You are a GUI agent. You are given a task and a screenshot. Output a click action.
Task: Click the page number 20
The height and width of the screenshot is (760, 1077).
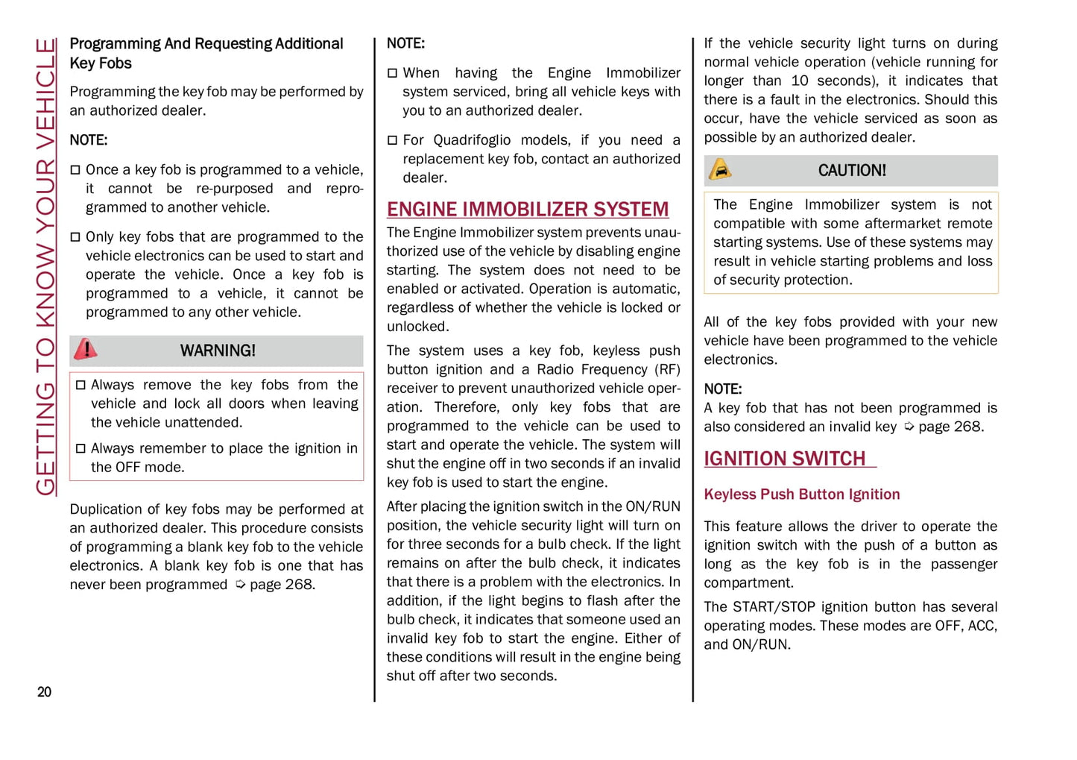click(x=45, y=692)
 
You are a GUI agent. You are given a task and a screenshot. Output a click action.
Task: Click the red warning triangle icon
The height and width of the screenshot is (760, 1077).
click(x=86, y=349)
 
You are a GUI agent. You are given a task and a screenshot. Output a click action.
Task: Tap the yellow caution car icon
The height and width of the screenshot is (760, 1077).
click(x=720, y=170)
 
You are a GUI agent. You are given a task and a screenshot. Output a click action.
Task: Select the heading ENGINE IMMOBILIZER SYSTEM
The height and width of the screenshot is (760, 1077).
click(x=528, y=209)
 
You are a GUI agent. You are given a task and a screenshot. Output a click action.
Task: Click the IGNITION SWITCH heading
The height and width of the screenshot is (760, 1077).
click(x=785, y=458)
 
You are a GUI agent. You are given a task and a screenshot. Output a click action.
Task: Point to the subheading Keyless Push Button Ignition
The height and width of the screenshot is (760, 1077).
click(x=801, y=494)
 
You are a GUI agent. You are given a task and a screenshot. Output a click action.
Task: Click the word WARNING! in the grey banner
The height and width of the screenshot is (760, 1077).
click(x=218, y=351)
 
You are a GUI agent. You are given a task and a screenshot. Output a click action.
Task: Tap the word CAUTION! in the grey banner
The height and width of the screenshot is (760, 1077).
click(x=852, y=171)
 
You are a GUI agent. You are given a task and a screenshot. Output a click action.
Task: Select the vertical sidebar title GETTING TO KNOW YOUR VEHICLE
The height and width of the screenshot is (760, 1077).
click(x=46, y=266)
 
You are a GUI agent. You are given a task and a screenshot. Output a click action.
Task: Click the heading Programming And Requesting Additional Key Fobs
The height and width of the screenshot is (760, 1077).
click(x=206, y=53)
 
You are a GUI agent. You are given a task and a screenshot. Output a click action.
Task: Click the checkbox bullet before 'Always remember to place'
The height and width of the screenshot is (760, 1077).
click(x=81, y=448)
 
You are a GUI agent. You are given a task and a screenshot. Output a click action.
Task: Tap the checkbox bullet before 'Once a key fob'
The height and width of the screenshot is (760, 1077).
click(x=75, y=170)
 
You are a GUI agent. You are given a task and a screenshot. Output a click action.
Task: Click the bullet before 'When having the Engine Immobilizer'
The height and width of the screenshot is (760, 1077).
click(x=392, y=73)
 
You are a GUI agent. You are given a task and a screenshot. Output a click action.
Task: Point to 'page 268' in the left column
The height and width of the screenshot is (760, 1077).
click(x=282, y=585)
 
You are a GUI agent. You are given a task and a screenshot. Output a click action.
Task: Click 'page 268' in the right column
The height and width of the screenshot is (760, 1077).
click(x=950, y=427)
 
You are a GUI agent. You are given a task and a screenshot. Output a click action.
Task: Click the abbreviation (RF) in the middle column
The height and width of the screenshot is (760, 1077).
click(x=667, y=370)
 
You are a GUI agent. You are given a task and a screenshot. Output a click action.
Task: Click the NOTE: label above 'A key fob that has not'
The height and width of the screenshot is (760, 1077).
click(x=722, y=389)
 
